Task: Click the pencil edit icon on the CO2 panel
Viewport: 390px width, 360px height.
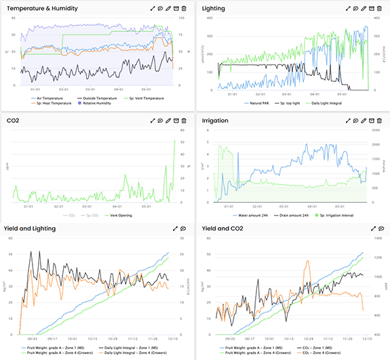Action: click(x=168, y=120)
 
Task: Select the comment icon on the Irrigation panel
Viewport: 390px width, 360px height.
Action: click(x=355, y=120)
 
